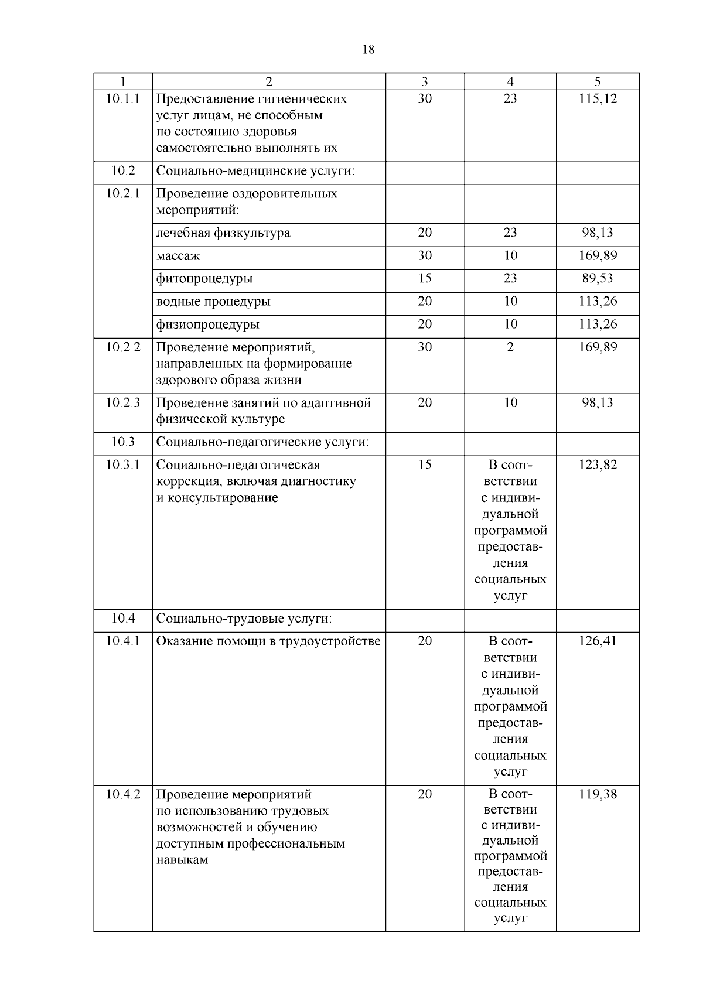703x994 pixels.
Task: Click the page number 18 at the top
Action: click(368, 50)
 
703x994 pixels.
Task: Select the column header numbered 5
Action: click(598, 82)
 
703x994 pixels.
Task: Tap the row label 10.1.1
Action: click(123, 98)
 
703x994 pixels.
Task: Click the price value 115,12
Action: click(598, 98)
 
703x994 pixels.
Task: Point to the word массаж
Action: click(178, 256)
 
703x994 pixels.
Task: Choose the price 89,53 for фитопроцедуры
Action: click(598, 278)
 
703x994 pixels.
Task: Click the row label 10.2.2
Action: click(123, 347)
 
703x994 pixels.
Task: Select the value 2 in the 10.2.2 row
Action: click(510, 347)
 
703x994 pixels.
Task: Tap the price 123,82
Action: click(598, 464)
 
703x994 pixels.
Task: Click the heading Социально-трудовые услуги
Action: click(244, 619)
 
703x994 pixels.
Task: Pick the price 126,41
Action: click(598, 641)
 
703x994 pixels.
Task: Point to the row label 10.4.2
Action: click(123, 794)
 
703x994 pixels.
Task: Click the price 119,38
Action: click(598, 794)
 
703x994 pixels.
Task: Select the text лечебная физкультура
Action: click(223, 233)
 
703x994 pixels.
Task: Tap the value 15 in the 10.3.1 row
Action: click(425, 464)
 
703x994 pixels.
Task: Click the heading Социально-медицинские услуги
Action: click(256, 171)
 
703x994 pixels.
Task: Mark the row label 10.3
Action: click(123, 442)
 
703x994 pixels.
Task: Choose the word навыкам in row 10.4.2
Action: click(182, 860)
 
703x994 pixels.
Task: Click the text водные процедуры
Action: click(213, 302)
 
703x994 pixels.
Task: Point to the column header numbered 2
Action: click(269, 82)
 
